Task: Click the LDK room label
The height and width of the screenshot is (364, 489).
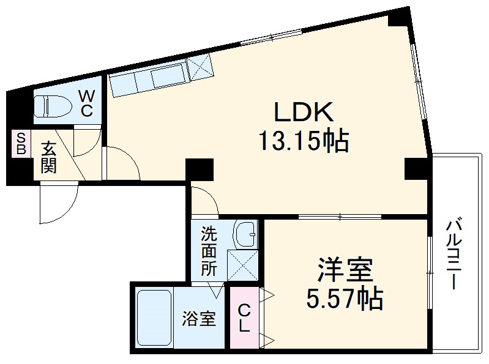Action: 304,112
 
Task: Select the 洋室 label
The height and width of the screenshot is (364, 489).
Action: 345,270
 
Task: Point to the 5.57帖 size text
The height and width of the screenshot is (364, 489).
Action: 345,299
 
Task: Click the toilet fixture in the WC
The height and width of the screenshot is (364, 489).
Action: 53,106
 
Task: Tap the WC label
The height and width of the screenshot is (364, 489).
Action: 86,103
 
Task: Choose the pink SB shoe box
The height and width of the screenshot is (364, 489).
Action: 21,143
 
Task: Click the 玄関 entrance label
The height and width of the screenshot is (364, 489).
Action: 48,157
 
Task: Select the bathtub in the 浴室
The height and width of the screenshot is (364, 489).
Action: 154,318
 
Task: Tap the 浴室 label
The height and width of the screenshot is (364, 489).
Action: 199,319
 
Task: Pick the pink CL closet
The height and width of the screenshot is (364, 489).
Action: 244,318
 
